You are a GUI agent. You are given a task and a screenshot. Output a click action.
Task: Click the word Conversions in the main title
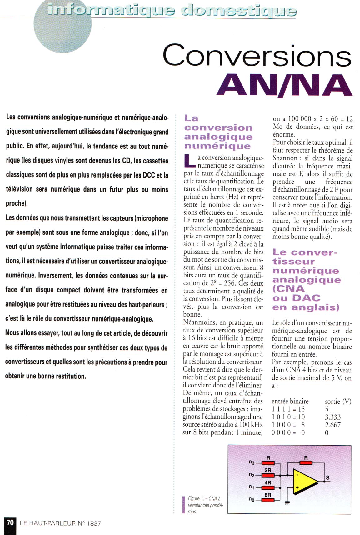257,55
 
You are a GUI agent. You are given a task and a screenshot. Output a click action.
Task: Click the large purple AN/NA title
284,85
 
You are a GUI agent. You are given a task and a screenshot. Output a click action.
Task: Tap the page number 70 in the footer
10,522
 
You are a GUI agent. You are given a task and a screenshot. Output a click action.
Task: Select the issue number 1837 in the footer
94,523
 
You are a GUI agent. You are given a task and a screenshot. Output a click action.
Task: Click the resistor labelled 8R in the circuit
268,500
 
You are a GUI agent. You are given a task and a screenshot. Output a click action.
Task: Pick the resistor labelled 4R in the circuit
268,488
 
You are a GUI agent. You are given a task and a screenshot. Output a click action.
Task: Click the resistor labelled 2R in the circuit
268,475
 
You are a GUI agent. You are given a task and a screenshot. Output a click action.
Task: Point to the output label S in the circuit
327,478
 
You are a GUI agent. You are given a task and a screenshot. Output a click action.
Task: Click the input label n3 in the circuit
252,462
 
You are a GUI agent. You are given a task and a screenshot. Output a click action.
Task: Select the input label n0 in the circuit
252,500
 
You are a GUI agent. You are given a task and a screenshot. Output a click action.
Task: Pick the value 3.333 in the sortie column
333,417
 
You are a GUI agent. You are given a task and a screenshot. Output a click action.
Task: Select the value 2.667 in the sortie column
333,425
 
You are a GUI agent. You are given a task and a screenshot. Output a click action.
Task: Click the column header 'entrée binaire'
290,402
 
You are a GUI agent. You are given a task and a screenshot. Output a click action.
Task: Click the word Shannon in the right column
285,158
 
